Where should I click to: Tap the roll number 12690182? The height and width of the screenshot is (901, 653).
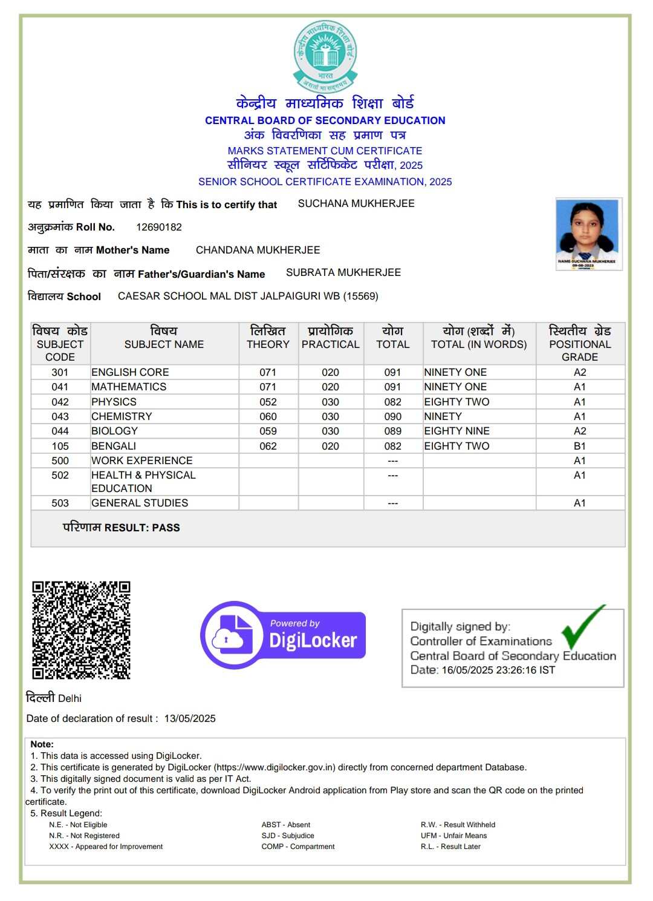[x=159, y=227]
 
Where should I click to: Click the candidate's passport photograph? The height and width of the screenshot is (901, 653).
[x=588, y=234]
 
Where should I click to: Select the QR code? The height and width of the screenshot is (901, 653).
[x=81, y=630]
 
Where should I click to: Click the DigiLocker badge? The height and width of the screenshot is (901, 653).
[x=283, y=635]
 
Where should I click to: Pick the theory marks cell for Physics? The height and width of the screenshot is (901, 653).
[x=268, y=402]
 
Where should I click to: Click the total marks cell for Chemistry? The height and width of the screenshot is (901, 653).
[x=392, y=416]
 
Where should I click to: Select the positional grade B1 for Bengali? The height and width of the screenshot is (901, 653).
[x=579, y=446]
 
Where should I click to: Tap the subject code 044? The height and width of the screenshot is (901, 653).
[x=60, y=431]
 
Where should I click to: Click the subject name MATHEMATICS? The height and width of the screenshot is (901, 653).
[x=129, y=387]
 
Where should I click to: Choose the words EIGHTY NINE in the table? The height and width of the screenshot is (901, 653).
[x=456, y=431]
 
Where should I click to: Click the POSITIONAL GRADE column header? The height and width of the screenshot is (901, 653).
[x=579, y=344]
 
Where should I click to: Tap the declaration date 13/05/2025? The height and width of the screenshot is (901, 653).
[x=190, y=718]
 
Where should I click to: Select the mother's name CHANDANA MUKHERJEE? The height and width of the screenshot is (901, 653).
[x=258, y=250]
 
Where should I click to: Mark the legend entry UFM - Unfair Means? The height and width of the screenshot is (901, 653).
[x=453, y=836]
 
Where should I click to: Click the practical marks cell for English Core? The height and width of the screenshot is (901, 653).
[x=330, y=372]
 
